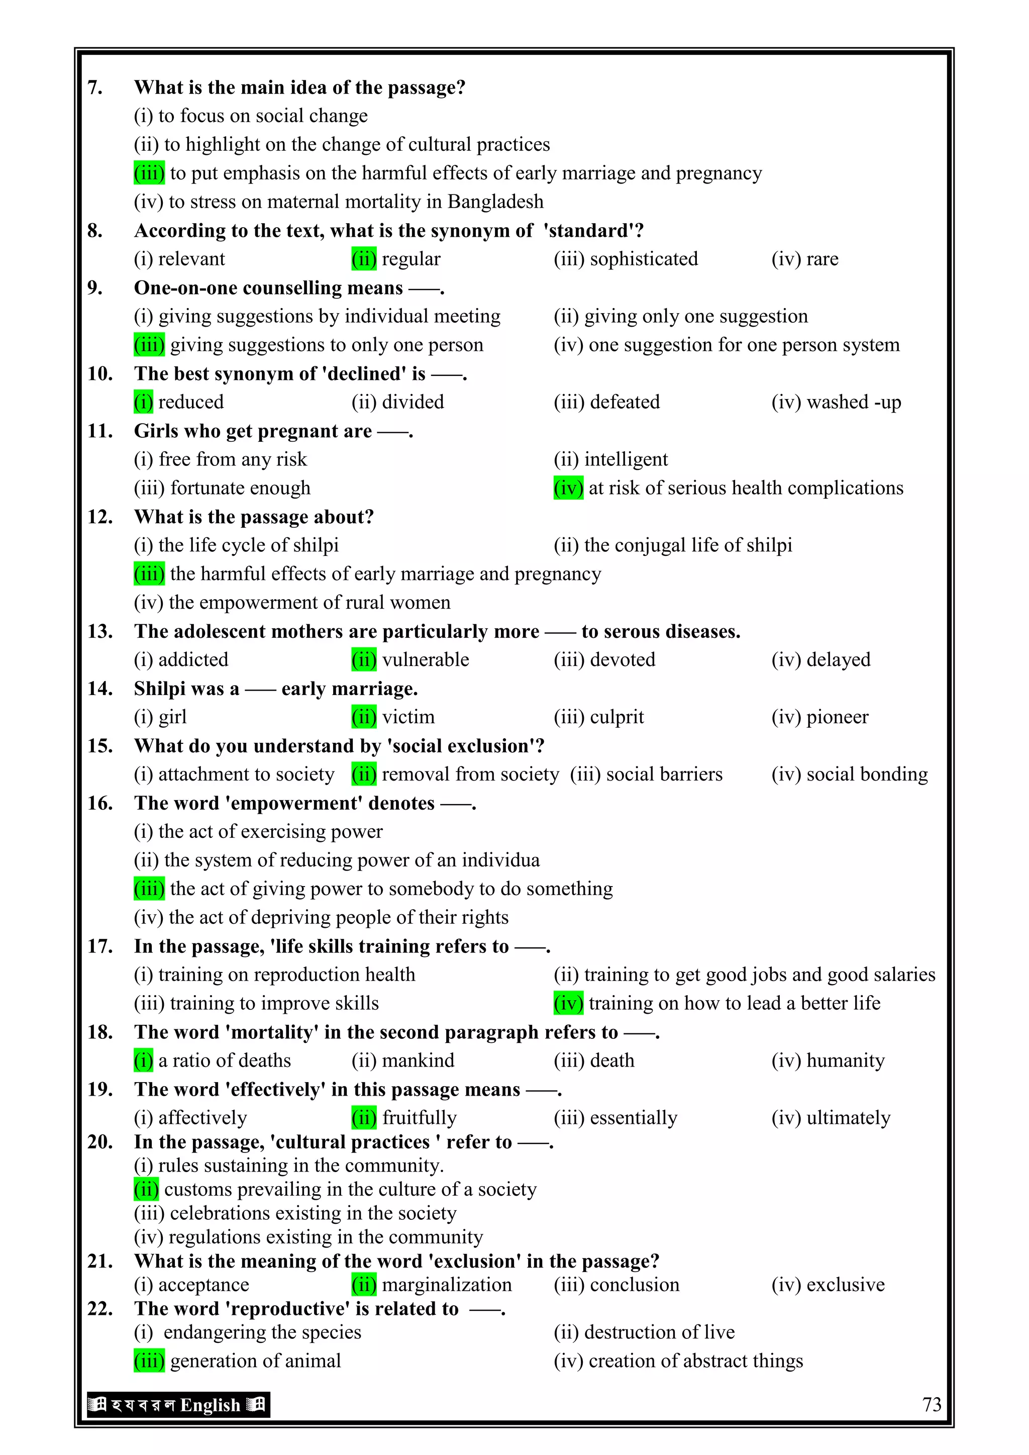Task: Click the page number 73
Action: coord(932,1404)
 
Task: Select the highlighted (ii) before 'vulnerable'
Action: coord(364,660)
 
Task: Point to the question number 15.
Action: coord(100,746)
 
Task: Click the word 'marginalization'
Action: coord(447,1285)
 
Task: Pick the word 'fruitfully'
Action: coord(420,1117)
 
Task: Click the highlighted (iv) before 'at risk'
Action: coord(568,488)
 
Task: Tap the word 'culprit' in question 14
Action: coord(616,717)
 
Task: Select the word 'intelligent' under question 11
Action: coord(626,459)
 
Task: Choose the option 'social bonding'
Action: coord(867,774)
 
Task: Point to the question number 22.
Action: coord(100,1309)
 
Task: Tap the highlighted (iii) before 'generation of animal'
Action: coord(149,1361)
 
